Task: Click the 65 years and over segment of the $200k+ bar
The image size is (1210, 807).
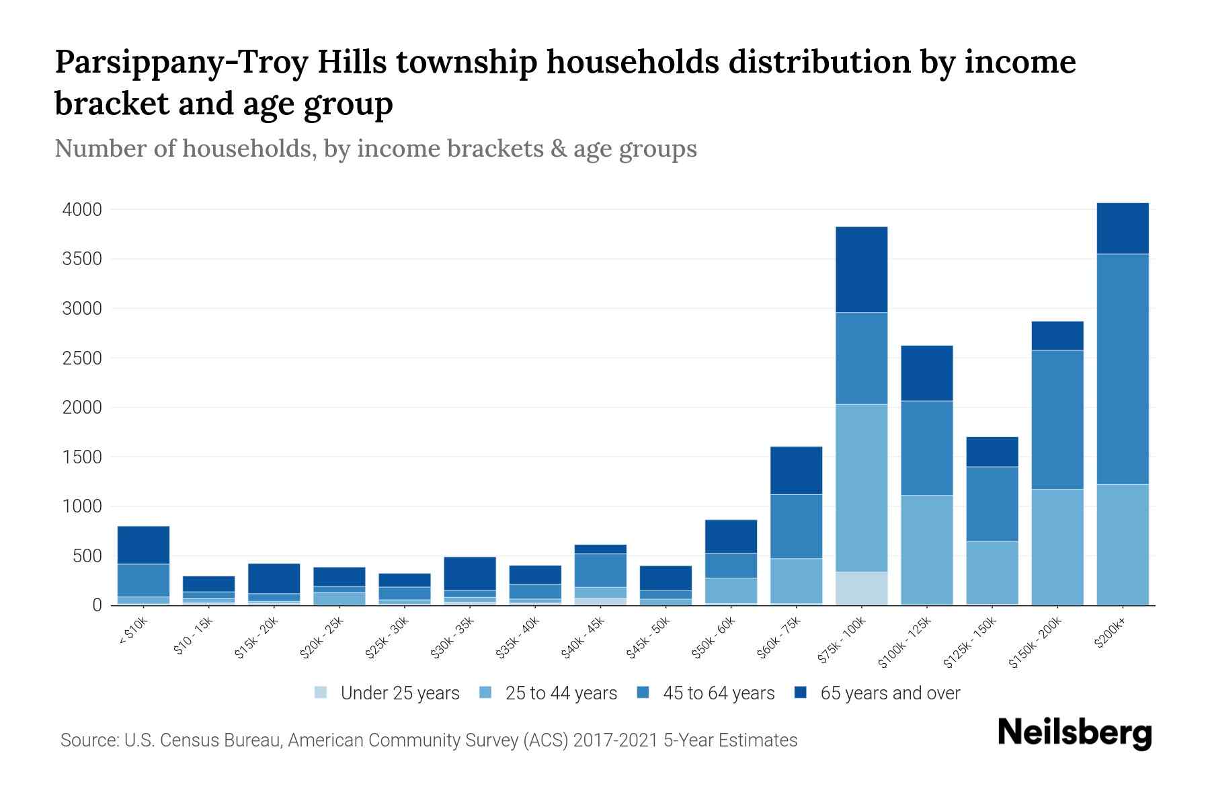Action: tap(1122, 228)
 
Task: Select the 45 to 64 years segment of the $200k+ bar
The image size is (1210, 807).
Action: tap(1122, 369)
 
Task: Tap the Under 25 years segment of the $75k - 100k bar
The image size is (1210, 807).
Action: tap(861, 588)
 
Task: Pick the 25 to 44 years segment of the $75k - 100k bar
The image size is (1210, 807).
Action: tap(861, 488)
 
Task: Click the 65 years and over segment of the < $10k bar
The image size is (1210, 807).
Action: tap(143, 545)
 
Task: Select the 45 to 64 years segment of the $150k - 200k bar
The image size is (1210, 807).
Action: tap(1057, 420)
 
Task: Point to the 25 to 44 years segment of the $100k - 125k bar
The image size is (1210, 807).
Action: tap(926, 549)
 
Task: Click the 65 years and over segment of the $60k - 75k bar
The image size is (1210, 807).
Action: tap(796, 470)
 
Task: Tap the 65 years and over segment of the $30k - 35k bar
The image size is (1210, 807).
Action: tap(469, 573)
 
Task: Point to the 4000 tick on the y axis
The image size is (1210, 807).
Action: tap(82, 210)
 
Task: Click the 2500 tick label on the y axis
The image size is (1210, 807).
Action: tap(82, 358)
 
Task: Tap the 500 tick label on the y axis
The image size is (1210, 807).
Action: tap(87, 556)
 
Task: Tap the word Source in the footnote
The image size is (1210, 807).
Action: tap(87, 740)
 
